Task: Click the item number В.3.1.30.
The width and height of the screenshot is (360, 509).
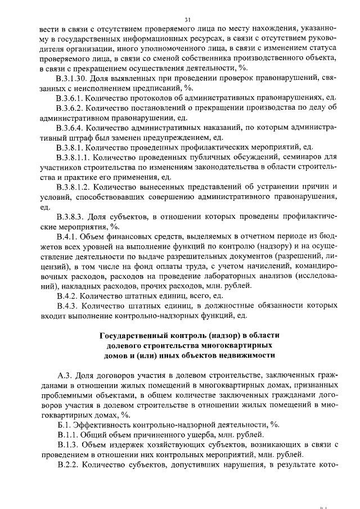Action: [x=76, y=77]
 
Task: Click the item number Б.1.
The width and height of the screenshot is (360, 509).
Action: [x=64, y=425]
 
